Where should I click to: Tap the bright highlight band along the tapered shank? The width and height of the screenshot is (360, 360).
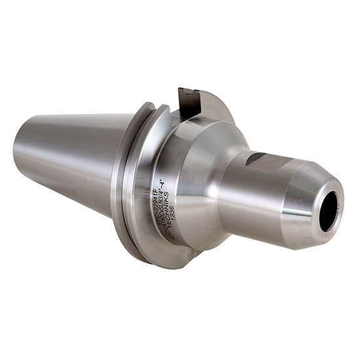(72, 180)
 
